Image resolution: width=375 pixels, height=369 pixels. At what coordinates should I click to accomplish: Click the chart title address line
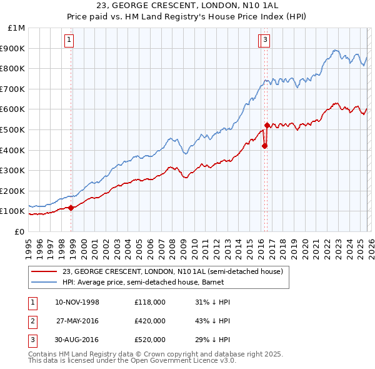[187, 4]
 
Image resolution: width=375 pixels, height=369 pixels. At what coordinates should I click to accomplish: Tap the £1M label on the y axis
[16, 28]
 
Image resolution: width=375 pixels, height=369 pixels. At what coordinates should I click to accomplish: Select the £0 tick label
[19, 231]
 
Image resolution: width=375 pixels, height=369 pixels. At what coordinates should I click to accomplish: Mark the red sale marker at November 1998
[71, 208]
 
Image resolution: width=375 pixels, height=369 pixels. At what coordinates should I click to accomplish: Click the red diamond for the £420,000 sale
[264, 146]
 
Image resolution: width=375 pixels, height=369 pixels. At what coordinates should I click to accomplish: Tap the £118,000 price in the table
[149, 302]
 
